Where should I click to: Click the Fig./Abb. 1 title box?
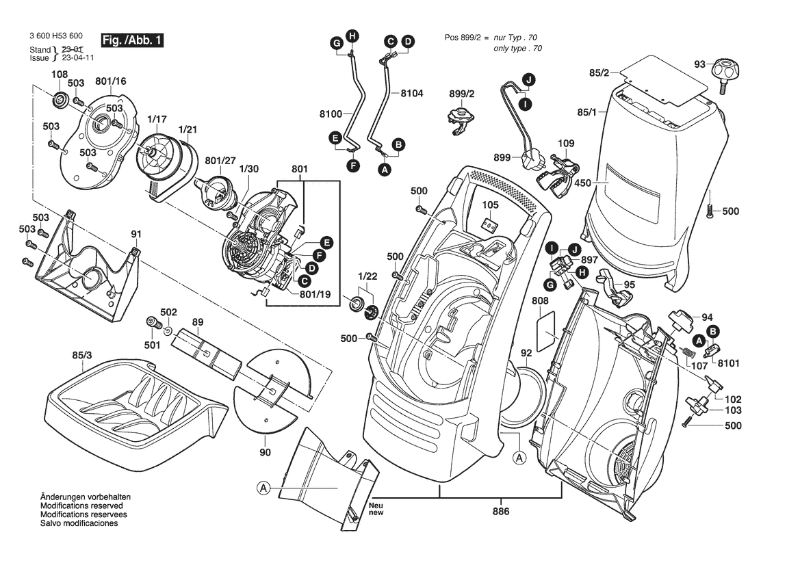coord(131,40)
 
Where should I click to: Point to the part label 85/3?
coord(82,355)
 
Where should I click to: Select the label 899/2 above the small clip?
coord(462,94)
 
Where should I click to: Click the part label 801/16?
coord(111,82)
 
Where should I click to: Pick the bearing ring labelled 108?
coord(60,101)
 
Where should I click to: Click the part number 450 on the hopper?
coord(582,183)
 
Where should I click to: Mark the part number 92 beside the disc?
coord(526,354)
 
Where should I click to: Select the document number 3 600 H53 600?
coord(57,36)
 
